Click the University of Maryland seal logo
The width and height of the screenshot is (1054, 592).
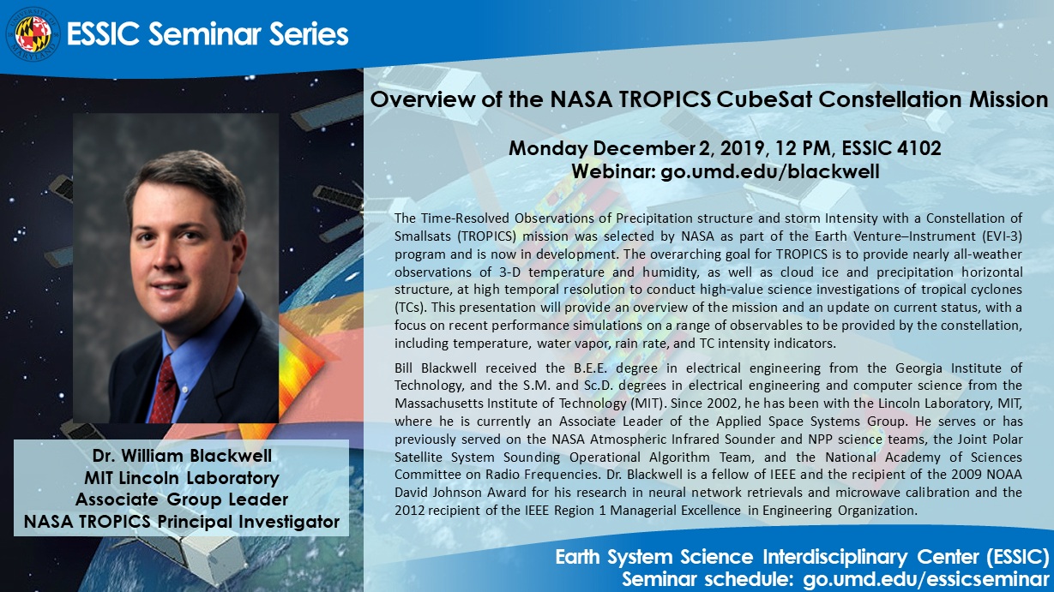tap(33, 33)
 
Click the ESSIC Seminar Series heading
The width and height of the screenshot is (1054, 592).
tap(207, 34)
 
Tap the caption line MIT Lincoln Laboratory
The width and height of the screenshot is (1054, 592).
tap(181, 478)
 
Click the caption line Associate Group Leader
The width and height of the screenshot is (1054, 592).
tap(181, 499)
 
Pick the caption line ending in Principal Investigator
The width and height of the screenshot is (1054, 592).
tap(181, 521)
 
